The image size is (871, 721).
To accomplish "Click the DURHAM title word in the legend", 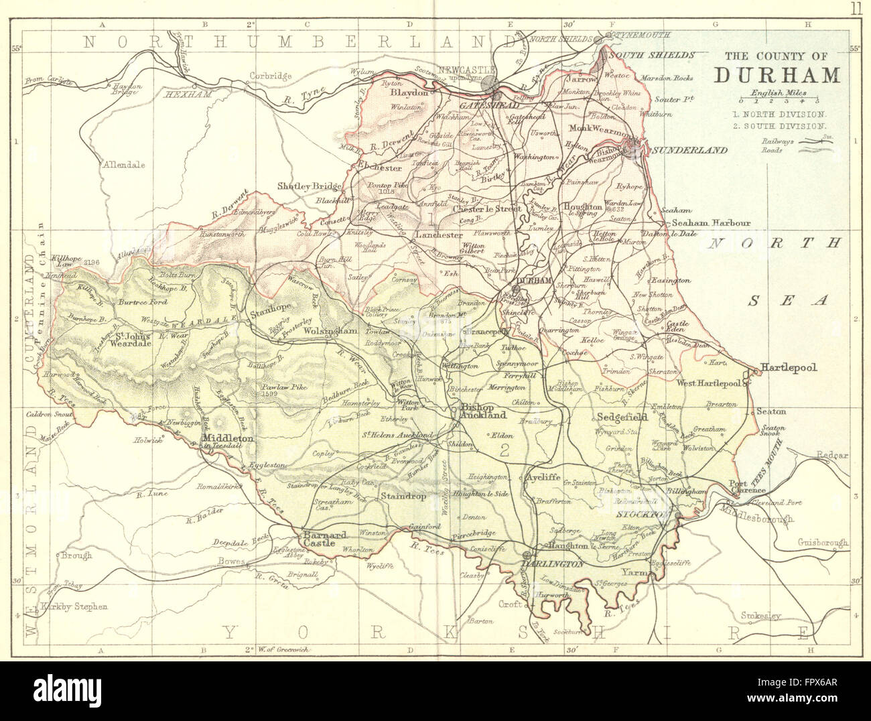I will click(777, 74).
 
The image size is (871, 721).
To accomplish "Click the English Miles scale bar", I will click(777, 101).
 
